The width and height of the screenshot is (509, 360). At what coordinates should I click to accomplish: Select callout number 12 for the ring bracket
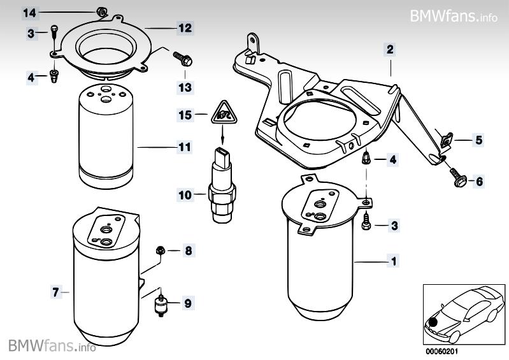[184, 28]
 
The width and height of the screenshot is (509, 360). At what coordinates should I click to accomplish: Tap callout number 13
[184, 85]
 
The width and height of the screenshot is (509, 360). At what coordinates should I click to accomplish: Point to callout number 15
[184, 115]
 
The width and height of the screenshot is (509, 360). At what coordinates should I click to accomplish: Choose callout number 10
[184, 196]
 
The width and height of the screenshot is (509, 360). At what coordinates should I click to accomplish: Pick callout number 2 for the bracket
[389, 48]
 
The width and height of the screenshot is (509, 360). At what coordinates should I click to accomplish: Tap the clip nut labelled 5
[447, 138]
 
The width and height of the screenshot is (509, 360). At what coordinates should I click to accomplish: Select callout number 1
[394, 261]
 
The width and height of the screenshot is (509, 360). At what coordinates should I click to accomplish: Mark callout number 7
[56, 292]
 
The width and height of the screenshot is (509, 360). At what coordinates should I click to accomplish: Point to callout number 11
[184, 147]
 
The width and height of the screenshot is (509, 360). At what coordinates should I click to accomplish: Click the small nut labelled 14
[100, 10]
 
